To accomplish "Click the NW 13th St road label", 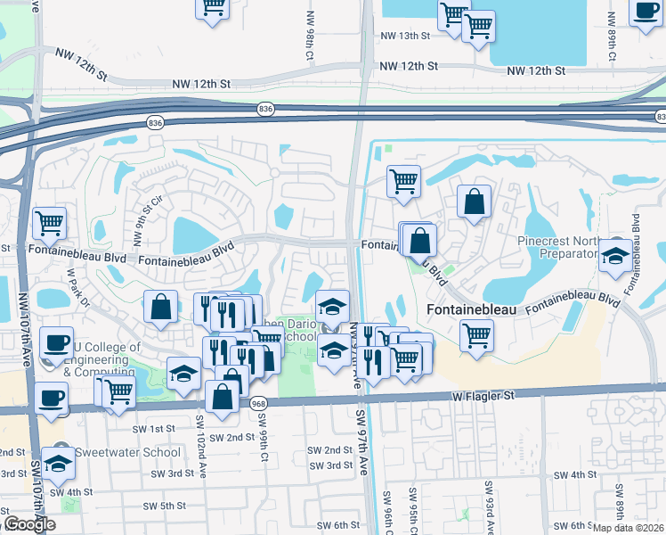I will [x=404, y=37].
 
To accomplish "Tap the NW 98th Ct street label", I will [x=310, y=49].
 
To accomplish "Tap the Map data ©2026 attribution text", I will [x=629, y=527].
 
